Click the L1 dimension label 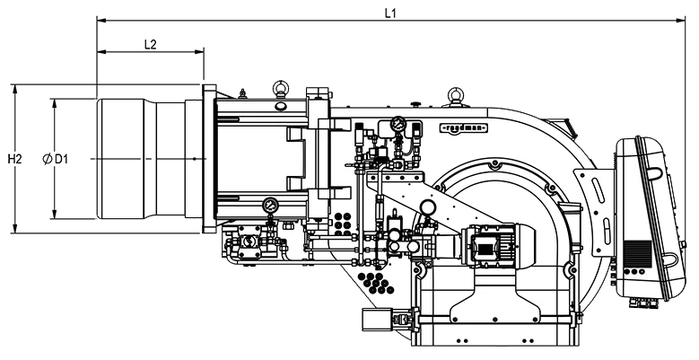point(390,13)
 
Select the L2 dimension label point(150,45)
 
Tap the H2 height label point(14,159)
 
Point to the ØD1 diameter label point(56,159)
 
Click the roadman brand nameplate point(464,128)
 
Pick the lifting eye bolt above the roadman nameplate point(455,96)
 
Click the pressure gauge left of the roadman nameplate point(398,123)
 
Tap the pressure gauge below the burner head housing point(271,206)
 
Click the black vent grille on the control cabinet point(637,252)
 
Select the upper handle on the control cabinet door point(654,172)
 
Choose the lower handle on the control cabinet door point(669,260)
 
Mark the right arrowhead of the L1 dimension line point(681,20)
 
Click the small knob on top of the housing point(416,104)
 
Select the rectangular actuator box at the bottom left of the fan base point(374,320)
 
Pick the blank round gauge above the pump point(427,206)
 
